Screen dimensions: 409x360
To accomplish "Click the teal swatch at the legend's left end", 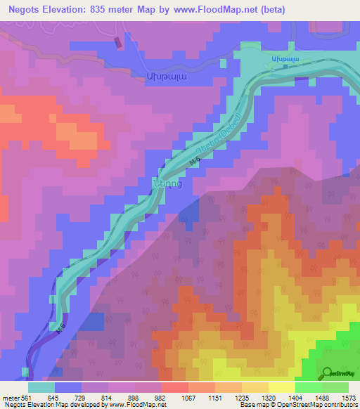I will click(41, 387).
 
